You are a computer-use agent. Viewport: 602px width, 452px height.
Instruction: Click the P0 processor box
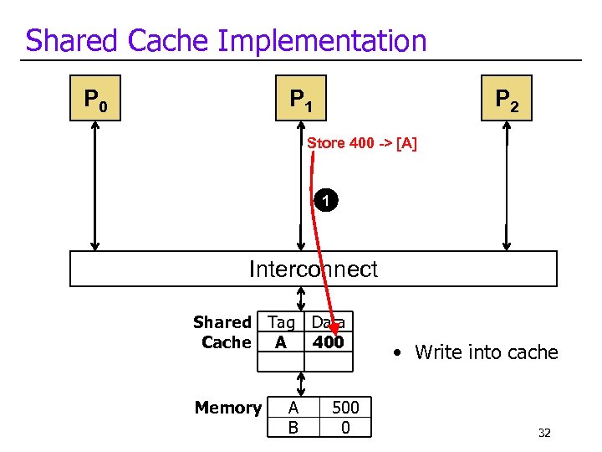tap(94, 100)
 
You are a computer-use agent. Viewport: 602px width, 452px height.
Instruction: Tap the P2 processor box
tap(507, 100)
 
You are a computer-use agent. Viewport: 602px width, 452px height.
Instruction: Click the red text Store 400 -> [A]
tap(361, 143)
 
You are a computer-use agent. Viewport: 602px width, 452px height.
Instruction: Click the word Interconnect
tap(313, 269)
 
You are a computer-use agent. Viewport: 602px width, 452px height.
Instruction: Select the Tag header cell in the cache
tap(281, 322)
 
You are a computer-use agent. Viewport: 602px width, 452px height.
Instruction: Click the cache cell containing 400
tap(328, 342)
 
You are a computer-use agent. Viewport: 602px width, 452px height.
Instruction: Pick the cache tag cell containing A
tap(281, 342)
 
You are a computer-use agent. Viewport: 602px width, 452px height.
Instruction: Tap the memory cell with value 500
tap(345, 408)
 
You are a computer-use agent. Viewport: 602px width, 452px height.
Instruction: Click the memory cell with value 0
tap(345, 428)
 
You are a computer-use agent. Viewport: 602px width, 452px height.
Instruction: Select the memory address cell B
tap(293, 428)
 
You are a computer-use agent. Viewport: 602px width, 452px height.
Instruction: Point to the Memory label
tap(227, 408)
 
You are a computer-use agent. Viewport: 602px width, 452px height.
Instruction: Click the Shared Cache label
tap(222, 332)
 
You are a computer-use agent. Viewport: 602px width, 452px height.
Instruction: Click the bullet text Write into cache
tap(485, 352)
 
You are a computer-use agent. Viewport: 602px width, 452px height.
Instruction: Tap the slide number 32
tap(544, 433)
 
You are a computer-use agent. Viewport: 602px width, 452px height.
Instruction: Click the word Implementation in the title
tap(329, 40)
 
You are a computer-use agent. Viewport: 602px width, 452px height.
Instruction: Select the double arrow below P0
tap(94, 186)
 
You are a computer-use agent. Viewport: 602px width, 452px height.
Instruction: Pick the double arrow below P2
tap(507, 186)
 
